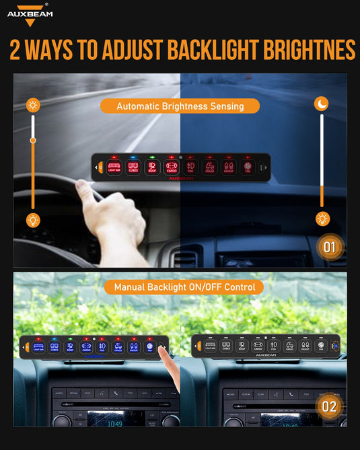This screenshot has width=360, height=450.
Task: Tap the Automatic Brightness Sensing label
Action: click(x=180, y=106)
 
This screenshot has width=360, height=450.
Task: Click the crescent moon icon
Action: click(x=322, y=104)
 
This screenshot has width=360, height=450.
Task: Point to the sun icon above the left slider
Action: click(x=32, y=105)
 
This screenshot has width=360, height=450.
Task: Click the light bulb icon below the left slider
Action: click(x=32, y=219)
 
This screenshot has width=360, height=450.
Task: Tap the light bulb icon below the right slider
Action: click(x=322, y=219)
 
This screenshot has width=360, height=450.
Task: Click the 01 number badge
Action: click(x=329, y=247)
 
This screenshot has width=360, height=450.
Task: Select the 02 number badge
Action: click(x=329, y=406)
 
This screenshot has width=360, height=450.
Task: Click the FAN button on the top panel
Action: click(x=247, y=167)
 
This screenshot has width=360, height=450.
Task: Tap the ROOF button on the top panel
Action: click(x=152, y=167)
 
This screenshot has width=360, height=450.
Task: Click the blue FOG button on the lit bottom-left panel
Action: click(x=102, y=347)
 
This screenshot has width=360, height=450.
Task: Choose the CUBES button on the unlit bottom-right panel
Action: click(x=226, y=346)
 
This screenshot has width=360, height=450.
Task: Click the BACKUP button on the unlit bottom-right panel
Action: click(x=305, y=346)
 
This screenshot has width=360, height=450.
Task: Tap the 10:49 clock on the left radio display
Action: click(x=116, y=424)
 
